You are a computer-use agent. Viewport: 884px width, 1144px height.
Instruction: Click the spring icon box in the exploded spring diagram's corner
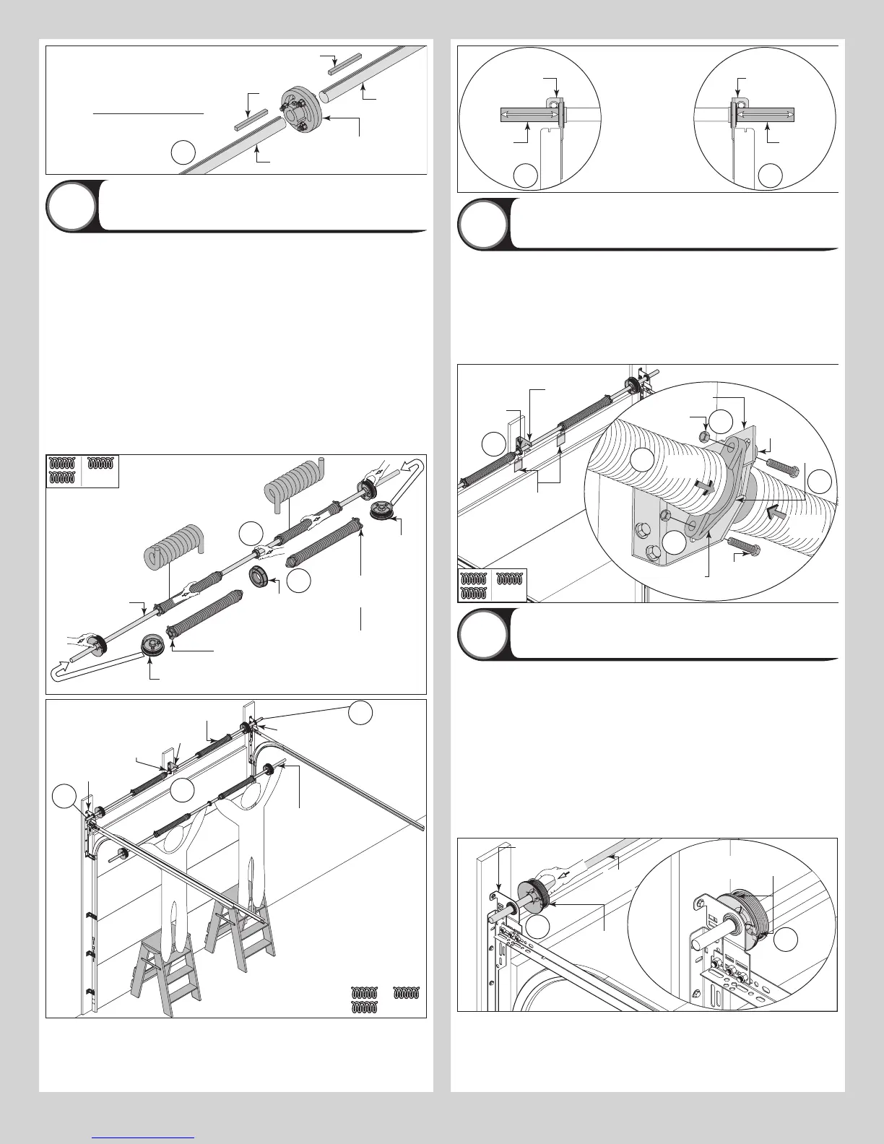[x=82, y=472]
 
